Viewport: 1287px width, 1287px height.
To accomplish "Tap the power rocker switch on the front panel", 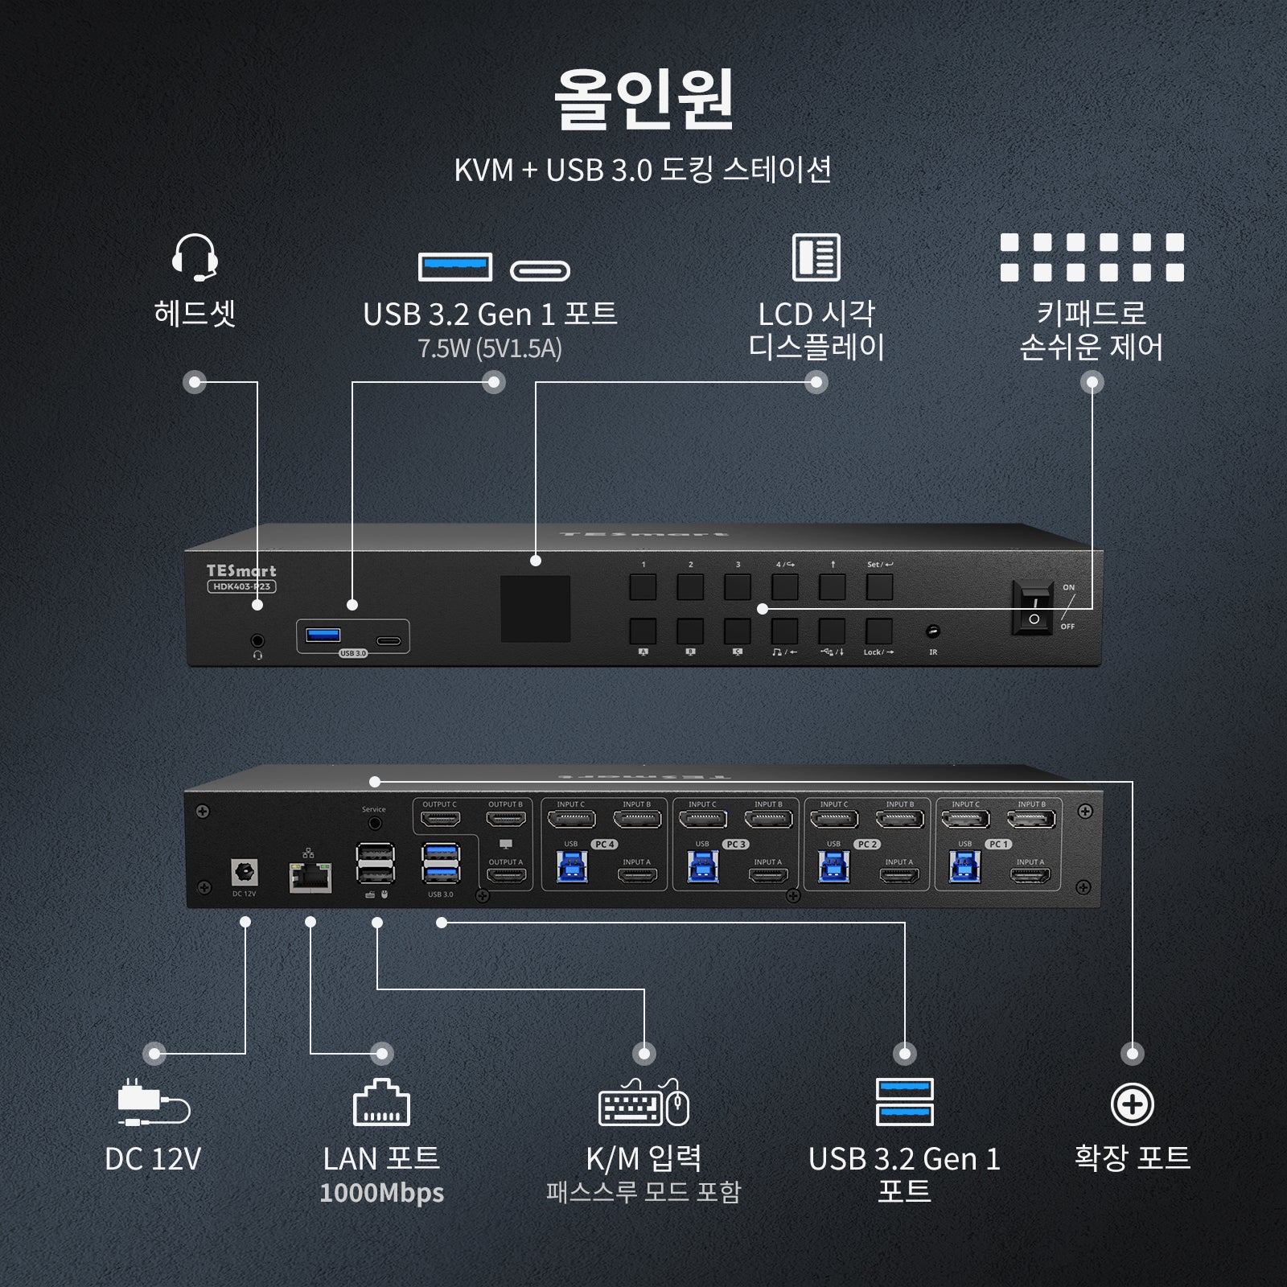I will click(x=1034, y=608).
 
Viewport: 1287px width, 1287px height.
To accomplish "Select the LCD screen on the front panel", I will click(x=536, y=609).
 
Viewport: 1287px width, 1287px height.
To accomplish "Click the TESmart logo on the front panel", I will click(x=241, y=570).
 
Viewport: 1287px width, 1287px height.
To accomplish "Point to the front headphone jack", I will click(x=257, y=641).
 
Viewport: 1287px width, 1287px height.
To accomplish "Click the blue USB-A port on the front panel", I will click(x=323, y=635).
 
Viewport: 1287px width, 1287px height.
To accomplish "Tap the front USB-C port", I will click(x=389, y=641).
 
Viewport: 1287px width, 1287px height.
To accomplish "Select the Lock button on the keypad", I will click(x=879, y=631).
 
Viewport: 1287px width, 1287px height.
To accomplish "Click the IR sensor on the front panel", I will click(x=933, y=631).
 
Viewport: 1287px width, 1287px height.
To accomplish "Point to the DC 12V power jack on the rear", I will click(x=244, y=872).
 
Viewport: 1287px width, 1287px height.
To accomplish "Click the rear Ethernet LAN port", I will click(x=310, y=877).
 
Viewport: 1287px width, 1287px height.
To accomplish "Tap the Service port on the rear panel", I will click(x=374, y=824).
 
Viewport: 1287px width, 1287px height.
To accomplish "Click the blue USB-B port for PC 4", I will click(x=572, y=867).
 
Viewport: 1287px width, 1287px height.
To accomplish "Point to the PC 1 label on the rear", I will click(x=998, y=844).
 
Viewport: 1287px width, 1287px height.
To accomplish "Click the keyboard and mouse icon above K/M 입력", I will click(x=643, y=1103).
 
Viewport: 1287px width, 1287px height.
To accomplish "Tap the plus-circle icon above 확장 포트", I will click(x=1132, y=1104).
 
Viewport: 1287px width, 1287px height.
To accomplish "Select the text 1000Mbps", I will click(x=381, y=1192).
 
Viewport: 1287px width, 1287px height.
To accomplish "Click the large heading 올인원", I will click(x=643, y=100).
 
